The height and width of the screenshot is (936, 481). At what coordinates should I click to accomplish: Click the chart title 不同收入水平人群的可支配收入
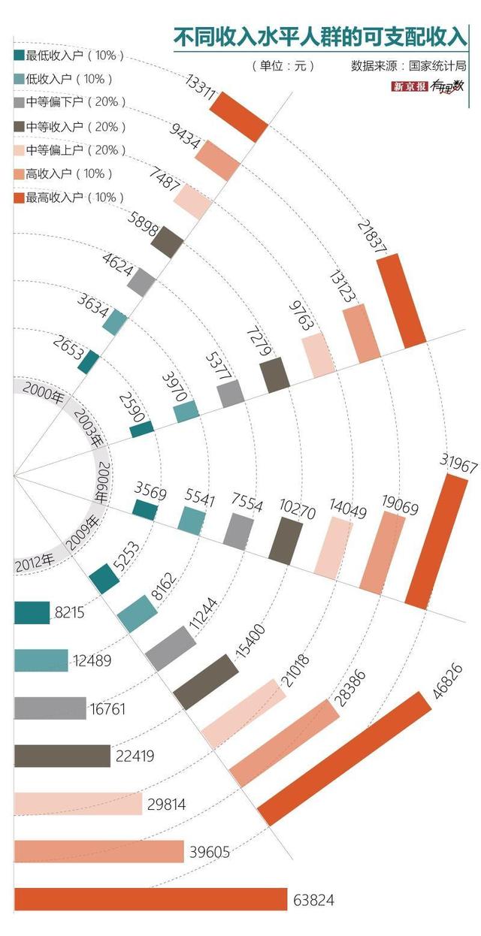tap(319, 36)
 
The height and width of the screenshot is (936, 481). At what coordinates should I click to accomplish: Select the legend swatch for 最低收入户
tap(19, 56)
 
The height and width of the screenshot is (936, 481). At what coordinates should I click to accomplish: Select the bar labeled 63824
tap(150, 899)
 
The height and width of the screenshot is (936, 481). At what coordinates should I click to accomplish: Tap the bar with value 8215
tap(32, 613)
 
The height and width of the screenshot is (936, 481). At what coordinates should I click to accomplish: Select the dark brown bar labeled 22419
tap(62, 756)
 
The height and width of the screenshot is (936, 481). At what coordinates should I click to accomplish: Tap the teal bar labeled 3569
tap(145, 509)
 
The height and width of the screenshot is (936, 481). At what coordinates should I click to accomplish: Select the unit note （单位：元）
tap(283, 66)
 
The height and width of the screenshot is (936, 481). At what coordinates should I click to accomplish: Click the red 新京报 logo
tap(410, 87)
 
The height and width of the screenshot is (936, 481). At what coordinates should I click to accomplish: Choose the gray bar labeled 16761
tap(50, 708)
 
